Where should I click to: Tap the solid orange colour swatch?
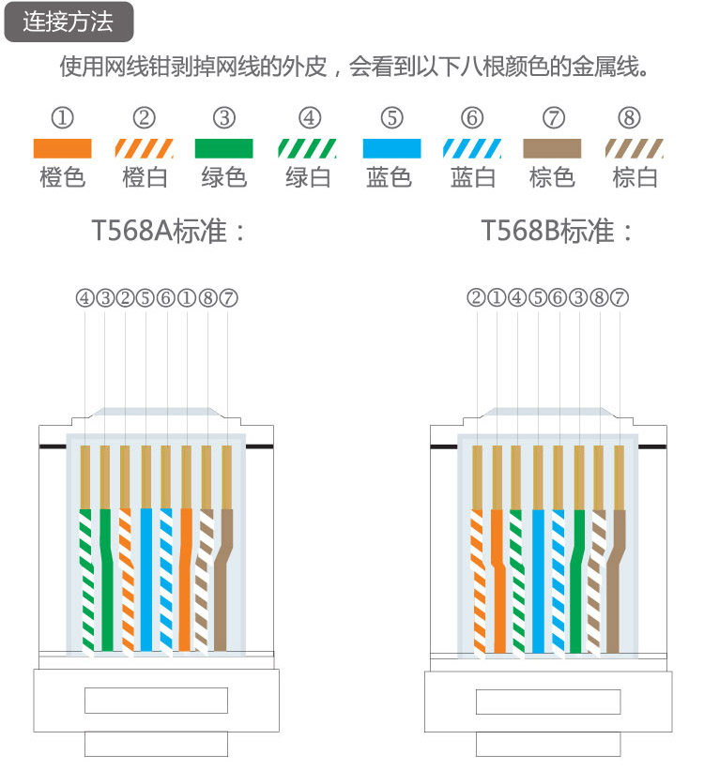click(62, 148)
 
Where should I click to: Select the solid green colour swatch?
click(223, 148)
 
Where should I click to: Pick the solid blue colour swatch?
click(391, 148)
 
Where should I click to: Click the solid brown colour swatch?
click(552, 148)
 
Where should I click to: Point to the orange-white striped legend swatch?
click(144, 148)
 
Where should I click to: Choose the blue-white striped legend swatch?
click(472, 148)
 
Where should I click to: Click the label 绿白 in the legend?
click(308, 177)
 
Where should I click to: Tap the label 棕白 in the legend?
click(635, 177)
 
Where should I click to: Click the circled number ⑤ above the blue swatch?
click(391, 118)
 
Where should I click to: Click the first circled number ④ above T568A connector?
click(84, 298)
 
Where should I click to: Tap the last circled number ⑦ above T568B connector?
click(619, 298)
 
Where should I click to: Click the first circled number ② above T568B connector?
click(476, 298)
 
